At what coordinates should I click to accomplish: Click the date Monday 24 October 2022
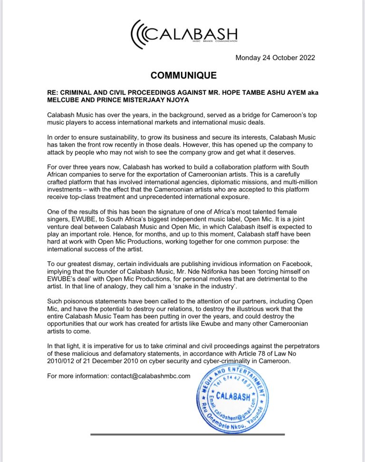[275, 58]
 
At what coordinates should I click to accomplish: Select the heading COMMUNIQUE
[183, 75]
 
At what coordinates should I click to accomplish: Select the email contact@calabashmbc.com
[151, 376]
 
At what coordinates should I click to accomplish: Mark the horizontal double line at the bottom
[187, 434]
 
